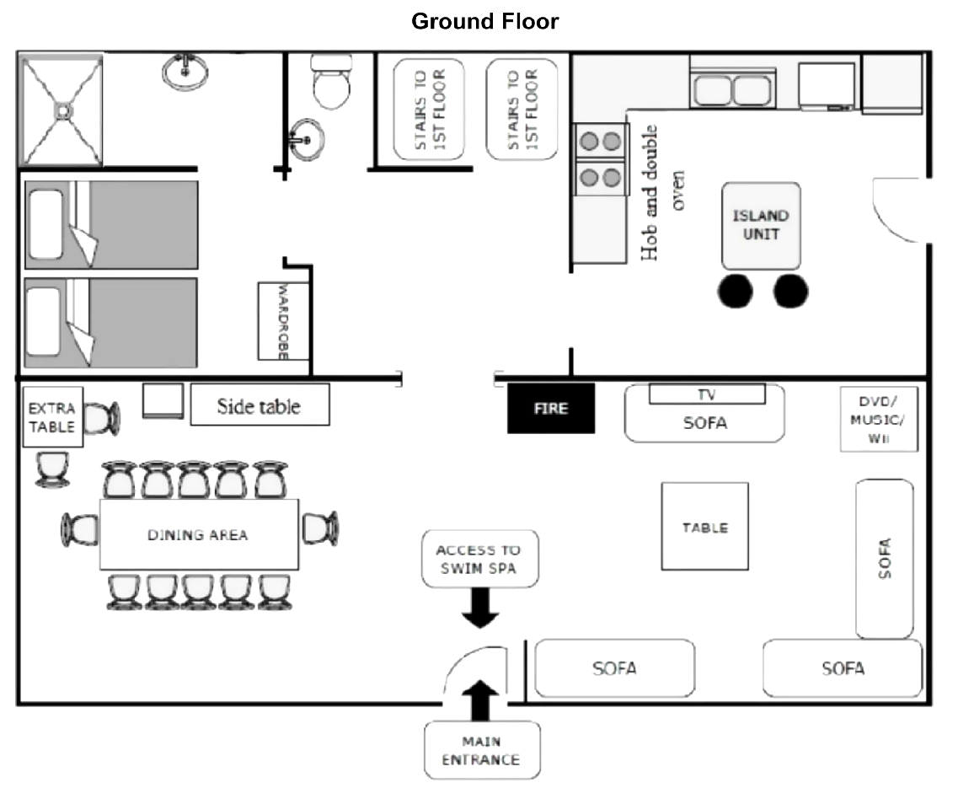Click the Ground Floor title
pyautogui.click(x=484, y=22)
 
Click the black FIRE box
pyautogui.click(x=551, y=408)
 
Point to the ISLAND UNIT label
pyautogui.click(x=760, y=225)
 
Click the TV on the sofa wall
pyautogui.click(x=707, y=394)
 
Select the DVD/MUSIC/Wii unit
pyautogui.click(x=879, y=420)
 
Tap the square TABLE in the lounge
pyautogui.click(x=704, y=527)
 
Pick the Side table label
pyautogui.click(x=259, y=406)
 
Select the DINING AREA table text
pyautogui.click(x=198, y=535)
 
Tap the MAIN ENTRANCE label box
pyautogui.click(x=481, y=750)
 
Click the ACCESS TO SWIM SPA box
pyautogui.click(x=478, y=560)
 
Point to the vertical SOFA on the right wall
pyautogui.click(x=885, y=559)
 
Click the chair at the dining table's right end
pyautogui.click(x=320, y=528)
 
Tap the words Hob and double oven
pyautogui.click(x=662, y=192)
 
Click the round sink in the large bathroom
pyautogui.click(x=185, y=72)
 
